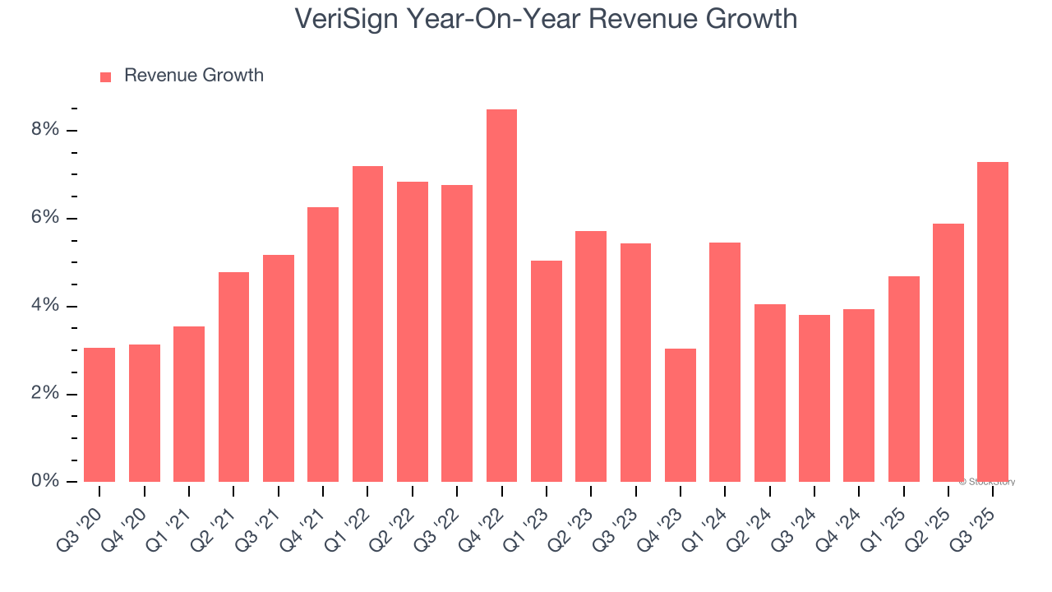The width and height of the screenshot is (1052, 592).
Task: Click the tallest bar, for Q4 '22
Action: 501,296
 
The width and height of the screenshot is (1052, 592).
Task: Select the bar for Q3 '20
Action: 99,415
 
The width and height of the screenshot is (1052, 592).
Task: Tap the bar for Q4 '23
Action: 680,415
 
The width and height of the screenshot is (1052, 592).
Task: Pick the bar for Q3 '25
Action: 992,322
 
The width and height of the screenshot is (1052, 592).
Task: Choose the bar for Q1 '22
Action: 367,324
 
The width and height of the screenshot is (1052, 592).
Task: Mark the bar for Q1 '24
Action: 725,362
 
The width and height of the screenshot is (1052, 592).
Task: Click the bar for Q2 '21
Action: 233,377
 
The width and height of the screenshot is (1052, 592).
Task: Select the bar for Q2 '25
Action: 948,353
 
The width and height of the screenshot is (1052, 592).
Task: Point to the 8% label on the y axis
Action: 46,130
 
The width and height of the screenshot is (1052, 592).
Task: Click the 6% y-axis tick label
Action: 46,218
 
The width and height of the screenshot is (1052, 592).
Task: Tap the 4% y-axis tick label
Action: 46,306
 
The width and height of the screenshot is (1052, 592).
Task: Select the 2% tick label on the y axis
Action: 46,394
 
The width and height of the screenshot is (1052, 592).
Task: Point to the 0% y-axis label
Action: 46,481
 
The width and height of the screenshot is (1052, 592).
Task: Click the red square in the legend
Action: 105,76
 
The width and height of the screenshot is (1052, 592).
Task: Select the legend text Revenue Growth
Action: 194,76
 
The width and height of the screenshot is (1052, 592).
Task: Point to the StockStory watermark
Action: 987,482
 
